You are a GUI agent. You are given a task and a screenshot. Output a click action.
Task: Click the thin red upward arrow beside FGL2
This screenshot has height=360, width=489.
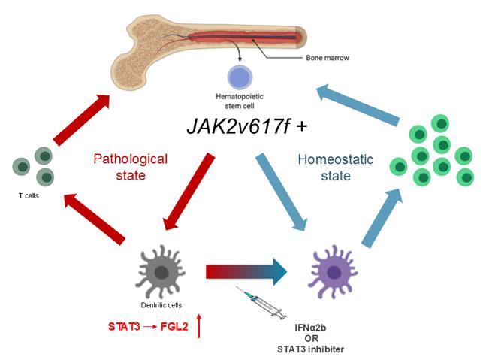click(199, 326)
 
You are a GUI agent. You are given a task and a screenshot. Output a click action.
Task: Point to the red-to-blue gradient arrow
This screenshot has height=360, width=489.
click(248, 270)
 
